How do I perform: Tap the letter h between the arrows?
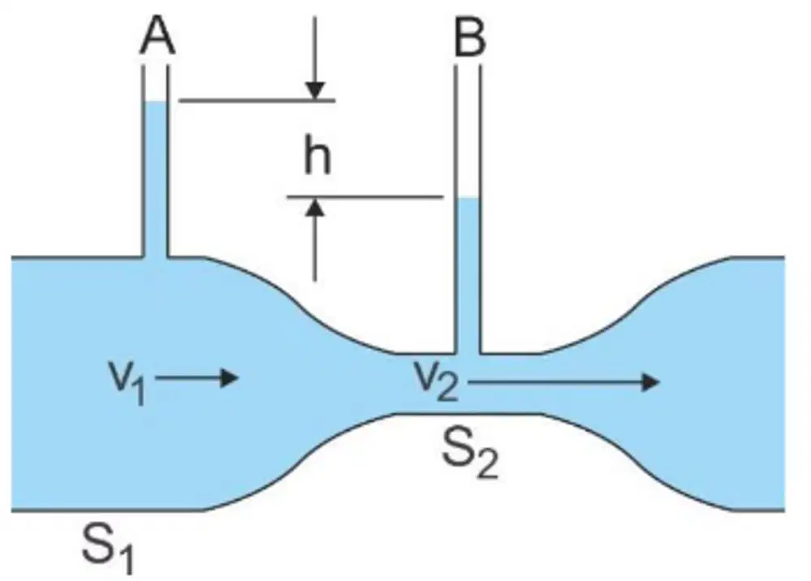pyautogui.click(x=317, y=153)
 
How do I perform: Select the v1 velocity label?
pyautogui.click(x=127, y=382)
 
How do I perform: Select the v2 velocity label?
pyautogui.click(x=436, y=381)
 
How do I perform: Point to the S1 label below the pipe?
pyautogui.click(x=108, y=548)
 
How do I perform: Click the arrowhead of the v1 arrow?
pyautogui.click(x=230, y=378)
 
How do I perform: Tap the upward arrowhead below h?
pyautogui.click(x=315, y=207)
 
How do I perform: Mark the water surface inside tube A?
pyautogui.click(x=154, y=101)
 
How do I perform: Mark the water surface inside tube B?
pyautogui.click(x=468, y=198)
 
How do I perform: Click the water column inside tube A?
pyautogui.click(x=154, y=179)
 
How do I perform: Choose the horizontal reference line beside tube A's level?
pyautogui.click(x=257, y=101)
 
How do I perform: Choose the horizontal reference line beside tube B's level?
pyautogui.click(x=365, y=197)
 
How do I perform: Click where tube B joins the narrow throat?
pyautogui.click(x=468, y=354)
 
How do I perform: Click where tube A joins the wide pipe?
pyautogui.click(x=154, y=256)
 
